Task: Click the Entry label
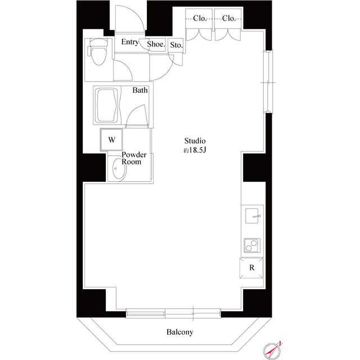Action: [130, 42]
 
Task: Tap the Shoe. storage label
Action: [156, 44]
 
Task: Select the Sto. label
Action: [175, 45]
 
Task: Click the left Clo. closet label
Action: [200, 19]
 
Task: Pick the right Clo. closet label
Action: [229, 19]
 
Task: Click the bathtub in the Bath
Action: [107, 105]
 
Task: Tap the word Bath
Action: [141, 91]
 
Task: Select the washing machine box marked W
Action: [112, 139]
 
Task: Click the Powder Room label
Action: [134, 158]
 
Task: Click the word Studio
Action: [196, 141]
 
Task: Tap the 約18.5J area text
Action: [195, 150]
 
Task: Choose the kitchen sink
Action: [253, 215]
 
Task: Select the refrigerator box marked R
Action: [252, 268]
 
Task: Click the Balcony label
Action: [179, 332]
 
